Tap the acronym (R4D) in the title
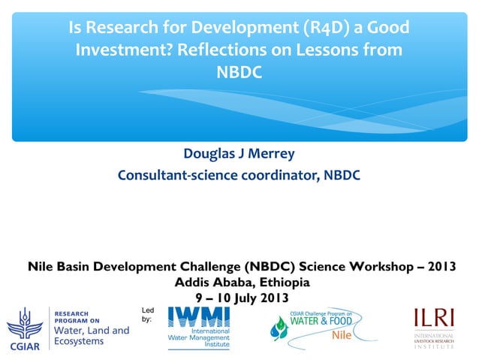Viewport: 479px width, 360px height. coord(319,29)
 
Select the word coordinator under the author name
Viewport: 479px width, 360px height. coord(273,176)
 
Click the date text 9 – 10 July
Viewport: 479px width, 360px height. coord(223,298)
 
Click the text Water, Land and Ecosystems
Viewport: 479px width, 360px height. coord(91,335)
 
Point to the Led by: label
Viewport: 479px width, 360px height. coord(147,314)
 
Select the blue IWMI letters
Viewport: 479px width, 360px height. coord(198,316)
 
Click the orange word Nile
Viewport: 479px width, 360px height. coord(342,335)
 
